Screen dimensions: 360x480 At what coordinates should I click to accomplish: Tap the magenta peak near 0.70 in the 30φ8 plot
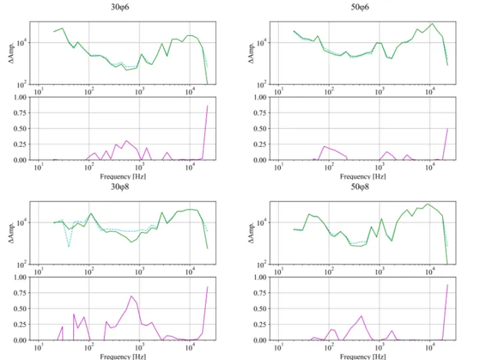click(131, 296)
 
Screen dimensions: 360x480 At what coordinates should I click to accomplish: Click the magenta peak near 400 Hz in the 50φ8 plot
click(362, 316)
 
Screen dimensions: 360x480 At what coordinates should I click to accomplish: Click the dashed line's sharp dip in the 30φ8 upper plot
click(69, 246)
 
